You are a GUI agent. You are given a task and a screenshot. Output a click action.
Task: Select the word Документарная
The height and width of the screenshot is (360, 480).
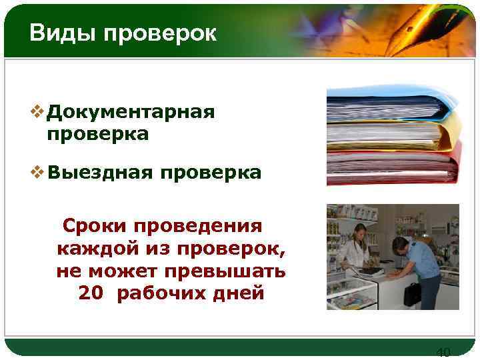tap(131, 111)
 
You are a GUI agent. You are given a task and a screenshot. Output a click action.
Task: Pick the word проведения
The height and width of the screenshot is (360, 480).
tap(193, 226)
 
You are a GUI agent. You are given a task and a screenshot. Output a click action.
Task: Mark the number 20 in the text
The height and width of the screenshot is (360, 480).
tap(91, 293)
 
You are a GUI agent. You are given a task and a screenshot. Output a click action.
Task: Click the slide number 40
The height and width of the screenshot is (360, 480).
tap(443, 352)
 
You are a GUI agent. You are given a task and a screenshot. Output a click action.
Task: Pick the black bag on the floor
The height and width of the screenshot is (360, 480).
tap(412, 294)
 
